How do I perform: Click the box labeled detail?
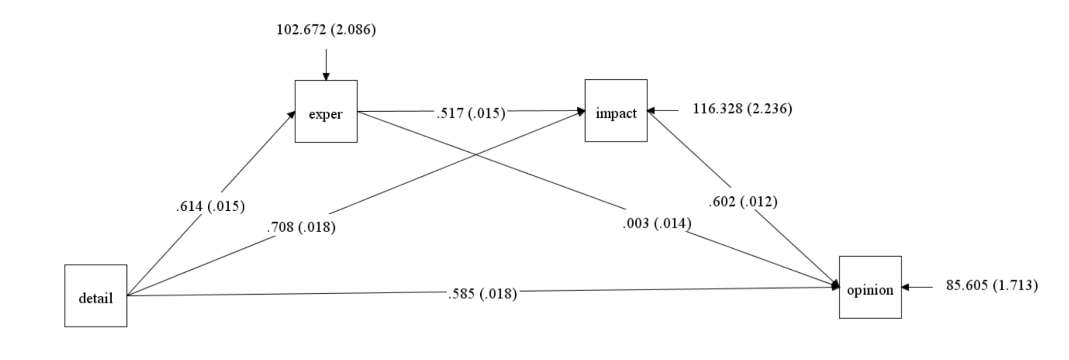(x=96, y=296)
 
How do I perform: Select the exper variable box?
(x=326, y=111)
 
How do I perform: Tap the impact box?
(x=615, y=111)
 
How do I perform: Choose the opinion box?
(x=870, y=287)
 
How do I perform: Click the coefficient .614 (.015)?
(x=210, y=207)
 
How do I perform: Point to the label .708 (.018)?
(x=301, y=227)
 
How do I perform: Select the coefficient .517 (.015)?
(x=471, y=113)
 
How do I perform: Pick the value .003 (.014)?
(x=657, y=223)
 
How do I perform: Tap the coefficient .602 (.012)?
(x=743, y=201)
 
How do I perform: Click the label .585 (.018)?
(x=482, y=294)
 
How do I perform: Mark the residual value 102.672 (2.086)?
(x=326, y=30)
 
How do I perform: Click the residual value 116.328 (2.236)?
(x=742, y=109)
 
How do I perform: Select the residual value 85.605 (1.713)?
(x=992, y=285)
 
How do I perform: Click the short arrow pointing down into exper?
(x=326, y=65)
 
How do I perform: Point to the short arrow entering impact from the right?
(x=663, y=111)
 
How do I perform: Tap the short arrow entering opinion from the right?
(x=917, y=287)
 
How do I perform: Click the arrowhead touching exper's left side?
(x=291, y=115)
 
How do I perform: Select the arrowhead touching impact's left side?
(x=580, y=111)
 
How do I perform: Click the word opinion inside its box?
(x=870, y=290)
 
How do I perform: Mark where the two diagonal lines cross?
(x=475, y=154)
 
